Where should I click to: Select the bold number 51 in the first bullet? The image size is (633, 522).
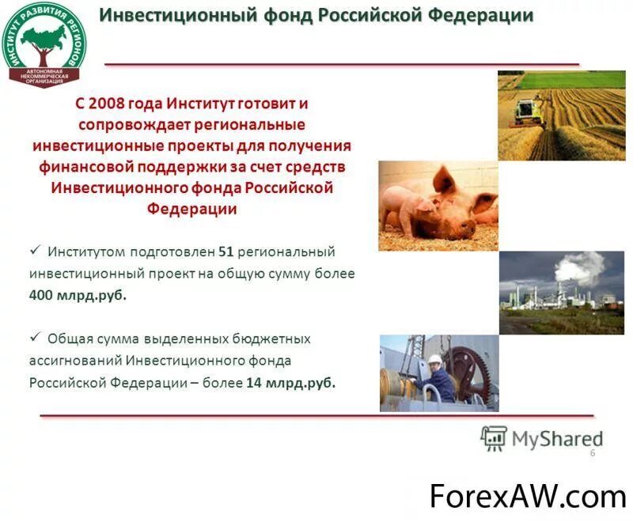226,252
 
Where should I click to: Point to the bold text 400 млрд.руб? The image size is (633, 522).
78,295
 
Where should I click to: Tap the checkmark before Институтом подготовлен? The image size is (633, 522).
35,250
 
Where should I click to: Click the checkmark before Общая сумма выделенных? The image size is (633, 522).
35,337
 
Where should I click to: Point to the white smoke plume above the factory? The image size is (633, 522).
582,269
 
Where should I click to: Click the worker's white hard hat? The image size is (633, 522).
434,358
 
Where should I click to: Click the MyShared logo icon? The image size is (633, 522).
494,438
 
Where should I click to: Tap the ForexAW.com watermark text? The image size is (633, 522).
527,496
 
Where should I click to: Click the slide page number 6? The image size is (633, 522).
592,452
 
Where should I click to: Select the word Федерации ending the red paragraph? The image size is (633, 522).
191,209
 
